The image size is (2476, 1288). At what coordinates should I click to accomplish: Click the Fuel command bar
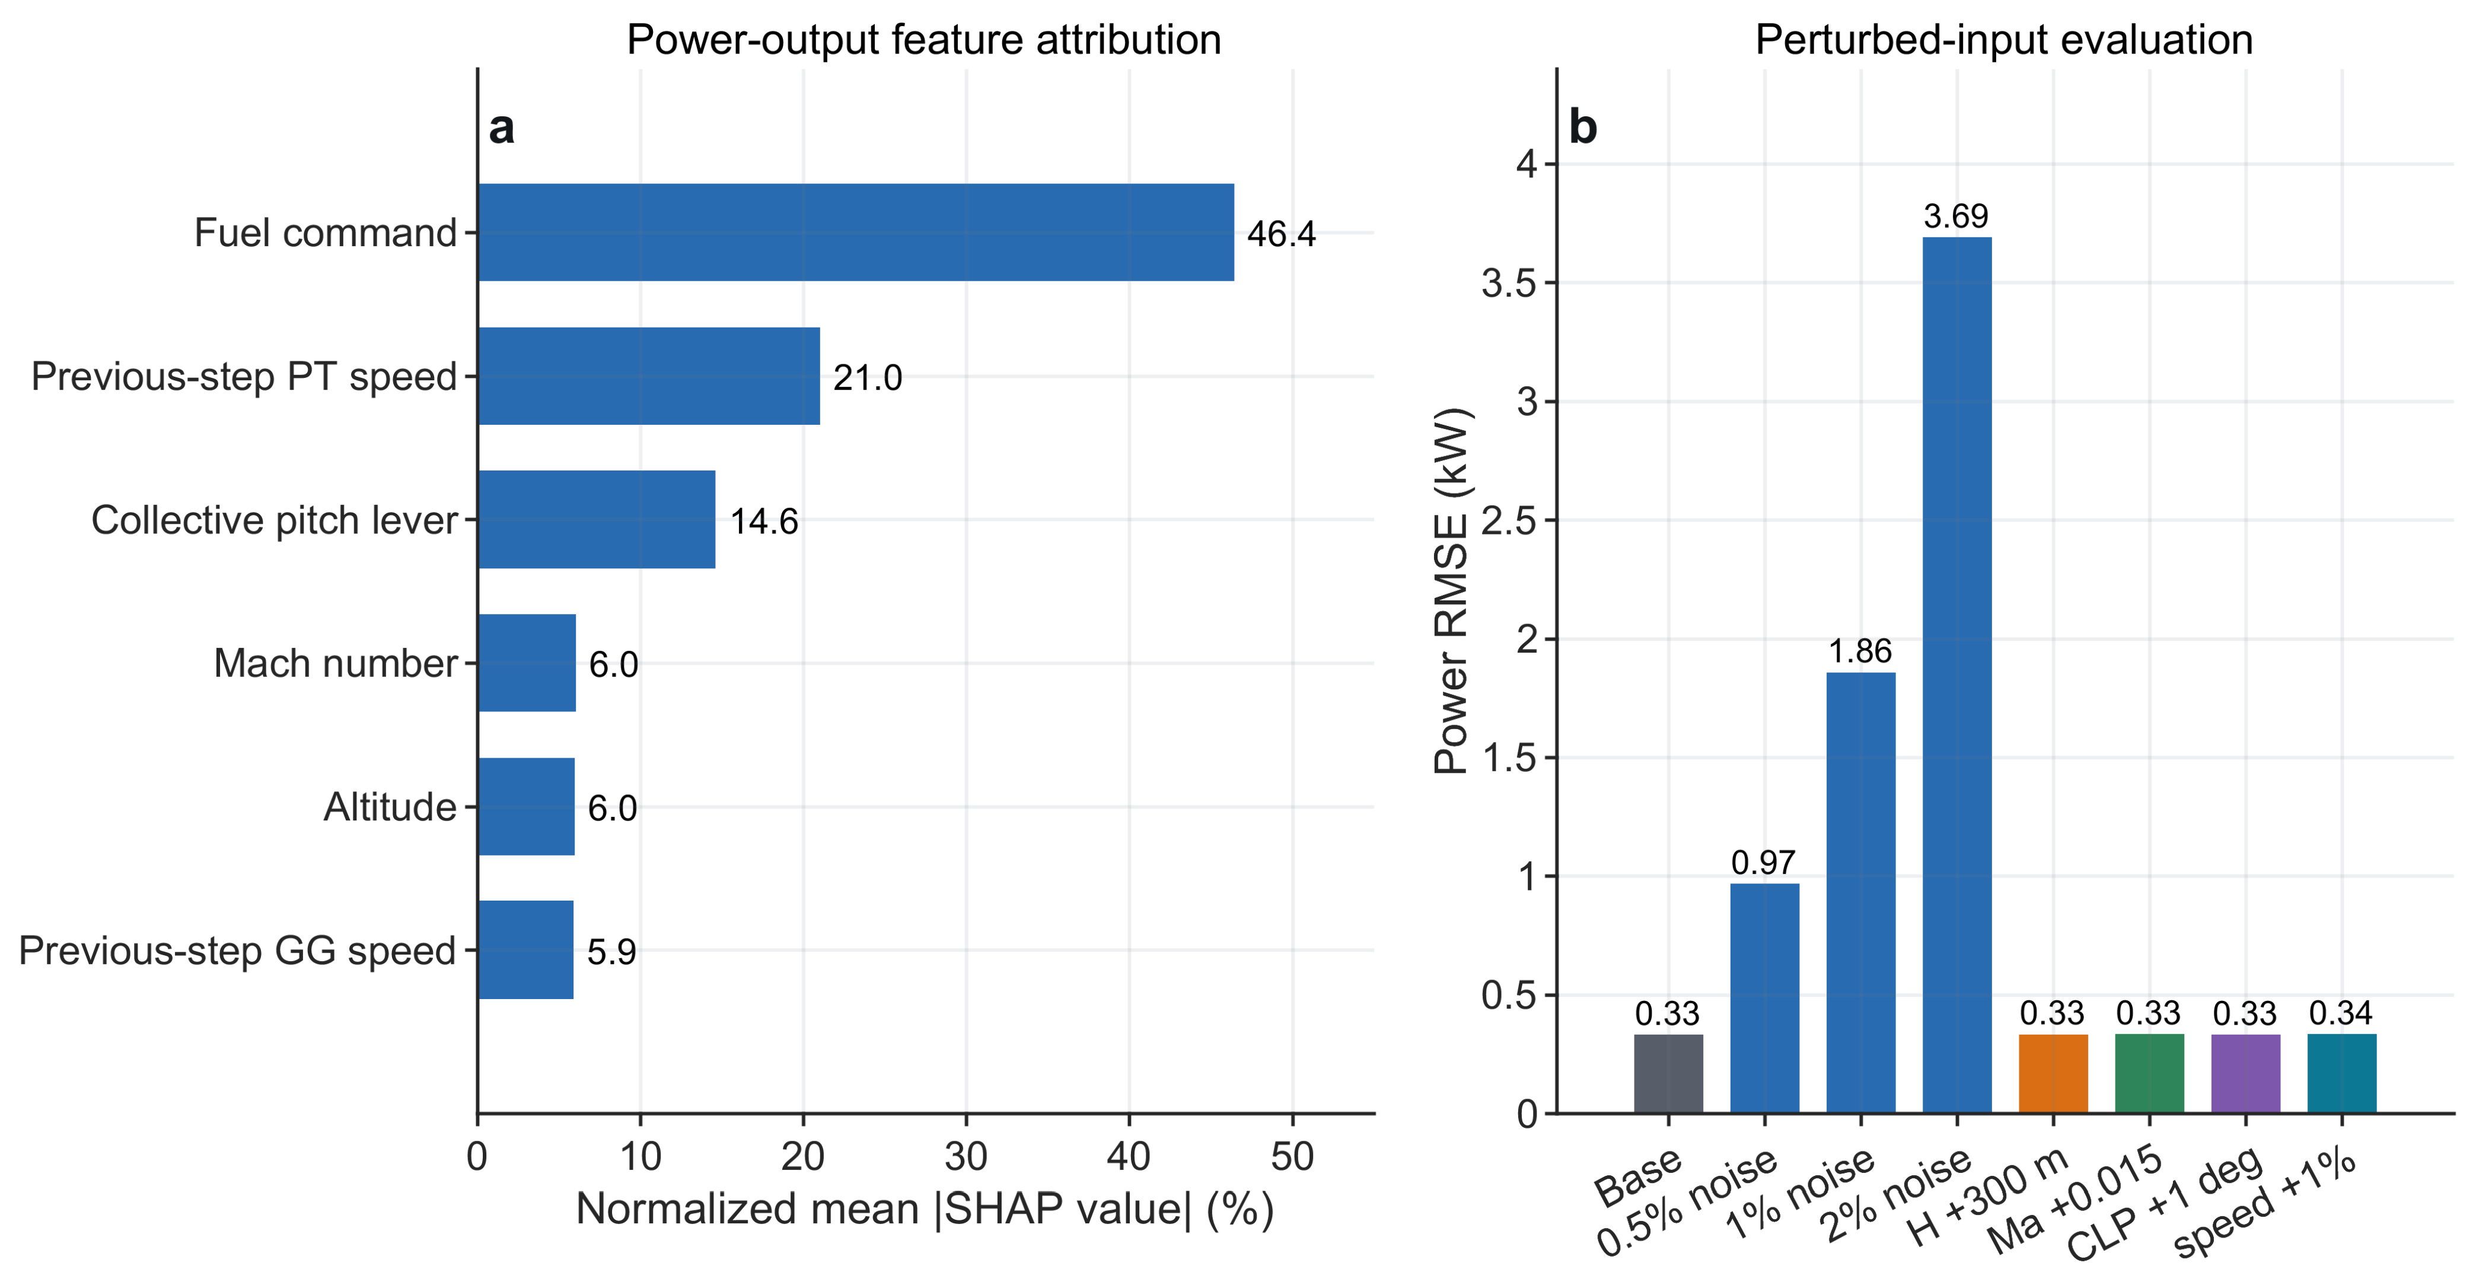click(x=855, y=233)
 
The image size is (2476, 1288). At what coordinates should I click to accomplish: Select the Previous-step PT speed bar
click(x=649, y=376)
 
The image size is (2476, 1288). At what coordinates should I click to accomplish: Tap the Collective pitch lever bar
click(x=596, y=519)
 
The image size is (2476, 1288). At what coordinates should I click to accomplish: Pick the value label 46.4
click(x=1281, y=234)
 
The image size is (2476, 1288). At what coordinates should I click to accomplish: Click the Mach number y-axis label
click(x=336, y=663)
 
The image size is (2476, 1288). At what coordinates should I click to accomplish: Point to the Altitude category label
click(x=389, y=806)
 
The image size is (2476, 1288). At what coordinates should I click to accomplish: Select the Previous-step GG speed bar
click(x=526, y=950)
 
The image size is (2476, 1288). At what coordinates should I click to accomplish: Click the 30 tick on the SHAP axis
click(x=966, y=1156)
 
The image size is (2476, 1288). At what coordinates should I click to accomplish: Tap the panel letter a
click(x=502, y=128)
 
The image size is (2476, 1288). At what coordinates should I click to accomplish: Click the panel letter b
click(x=1582, y=127)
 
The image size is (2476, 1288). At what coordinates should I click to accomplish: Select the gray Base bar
click(x=1669, y=1074)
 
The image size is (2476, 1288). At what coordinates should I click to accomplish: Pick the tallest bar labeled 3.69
click(x=1957, y=675)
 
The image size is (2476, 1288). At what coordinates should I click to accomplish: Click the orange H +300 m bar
click(x=2053, y=1074)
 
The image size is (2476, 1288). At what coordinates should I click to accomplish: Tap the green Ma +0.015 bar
click(x=2149, y=1074)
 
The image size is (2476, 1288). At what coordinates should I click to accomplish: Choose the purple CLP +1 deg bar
click(x=2245, y=1074)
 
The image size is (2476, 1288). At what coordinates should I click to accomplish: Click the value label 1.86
click(x=1860, y=651)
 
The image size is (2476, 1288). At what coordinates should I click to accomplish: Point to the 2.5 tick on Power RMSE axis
click(x=1517, y=520)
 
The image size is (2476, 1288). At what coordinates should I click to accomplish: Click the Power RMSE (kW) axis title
click(x=1451, y=590)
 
